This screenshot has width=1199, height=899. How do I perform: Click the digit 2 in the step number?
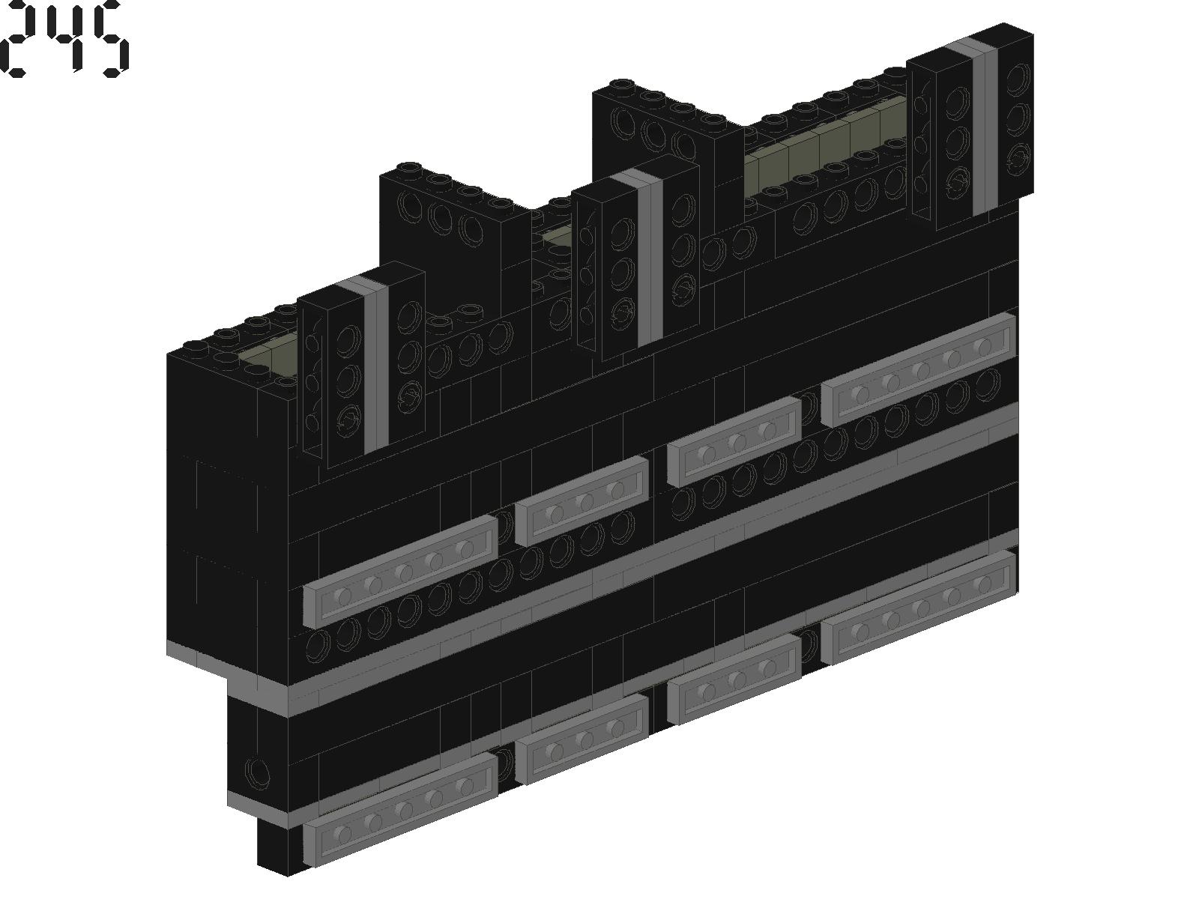[x=21, y=39]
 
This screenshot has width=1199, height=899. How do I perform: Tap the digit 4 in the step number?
[x=66, y=37]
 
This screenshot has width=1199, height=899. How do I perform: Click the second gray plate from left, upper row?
[x=582, y=501]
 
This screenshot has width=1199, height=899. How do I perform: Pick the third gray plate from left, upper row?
[x=734, y=441]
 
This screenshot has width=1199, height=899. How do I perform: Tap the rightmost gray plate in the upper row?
[x=919, y=369]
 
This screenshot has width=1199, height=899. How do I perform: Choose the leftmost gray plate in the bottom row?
[x=400, y=810]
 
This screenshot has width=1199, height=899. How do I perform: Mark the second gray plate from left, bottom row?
[x=582, y=739]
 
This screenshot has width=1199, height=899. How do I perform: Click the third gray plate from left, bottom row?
[x=734, y=679]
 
